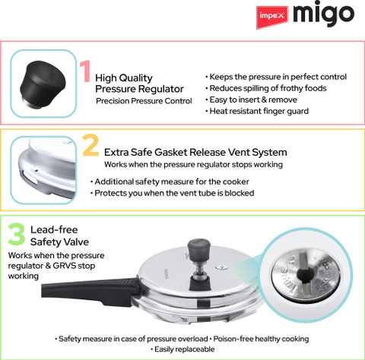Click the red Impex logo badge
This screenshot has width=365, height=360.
272,17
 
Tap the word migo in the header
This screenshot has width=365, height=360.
324,14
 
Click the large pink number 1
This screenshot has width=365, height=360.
85,71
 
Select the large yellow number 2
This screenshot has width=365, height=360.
90,145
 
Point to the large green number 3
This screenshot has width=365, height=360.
17,234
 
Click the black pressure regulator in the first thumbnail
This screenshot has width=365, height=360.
43,84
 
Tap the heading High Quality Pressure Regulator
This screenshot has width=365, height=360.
139,84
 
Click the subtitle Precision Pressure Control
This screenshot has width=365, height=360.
144,101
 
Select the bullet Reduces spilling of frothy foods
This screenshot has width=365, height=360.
266,88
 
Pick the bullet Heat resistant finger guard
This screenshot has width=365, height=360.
257,111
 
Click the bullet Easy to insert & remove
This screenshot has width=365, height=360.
251,99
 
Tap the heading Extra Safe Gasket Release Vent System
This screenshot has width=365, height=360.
195,153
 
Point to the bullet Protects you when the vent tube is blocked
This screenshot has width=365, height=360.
173,193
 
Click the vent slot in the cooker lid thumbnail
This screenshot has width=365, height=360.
29,177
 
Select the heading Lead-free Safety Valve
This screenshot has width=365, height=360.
59,235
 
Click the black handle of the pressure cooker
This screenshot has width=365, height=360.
89,288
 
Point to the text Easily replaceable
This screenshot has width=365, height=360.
182,349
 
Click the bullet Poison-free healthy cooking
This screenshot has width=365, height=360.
259,339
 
